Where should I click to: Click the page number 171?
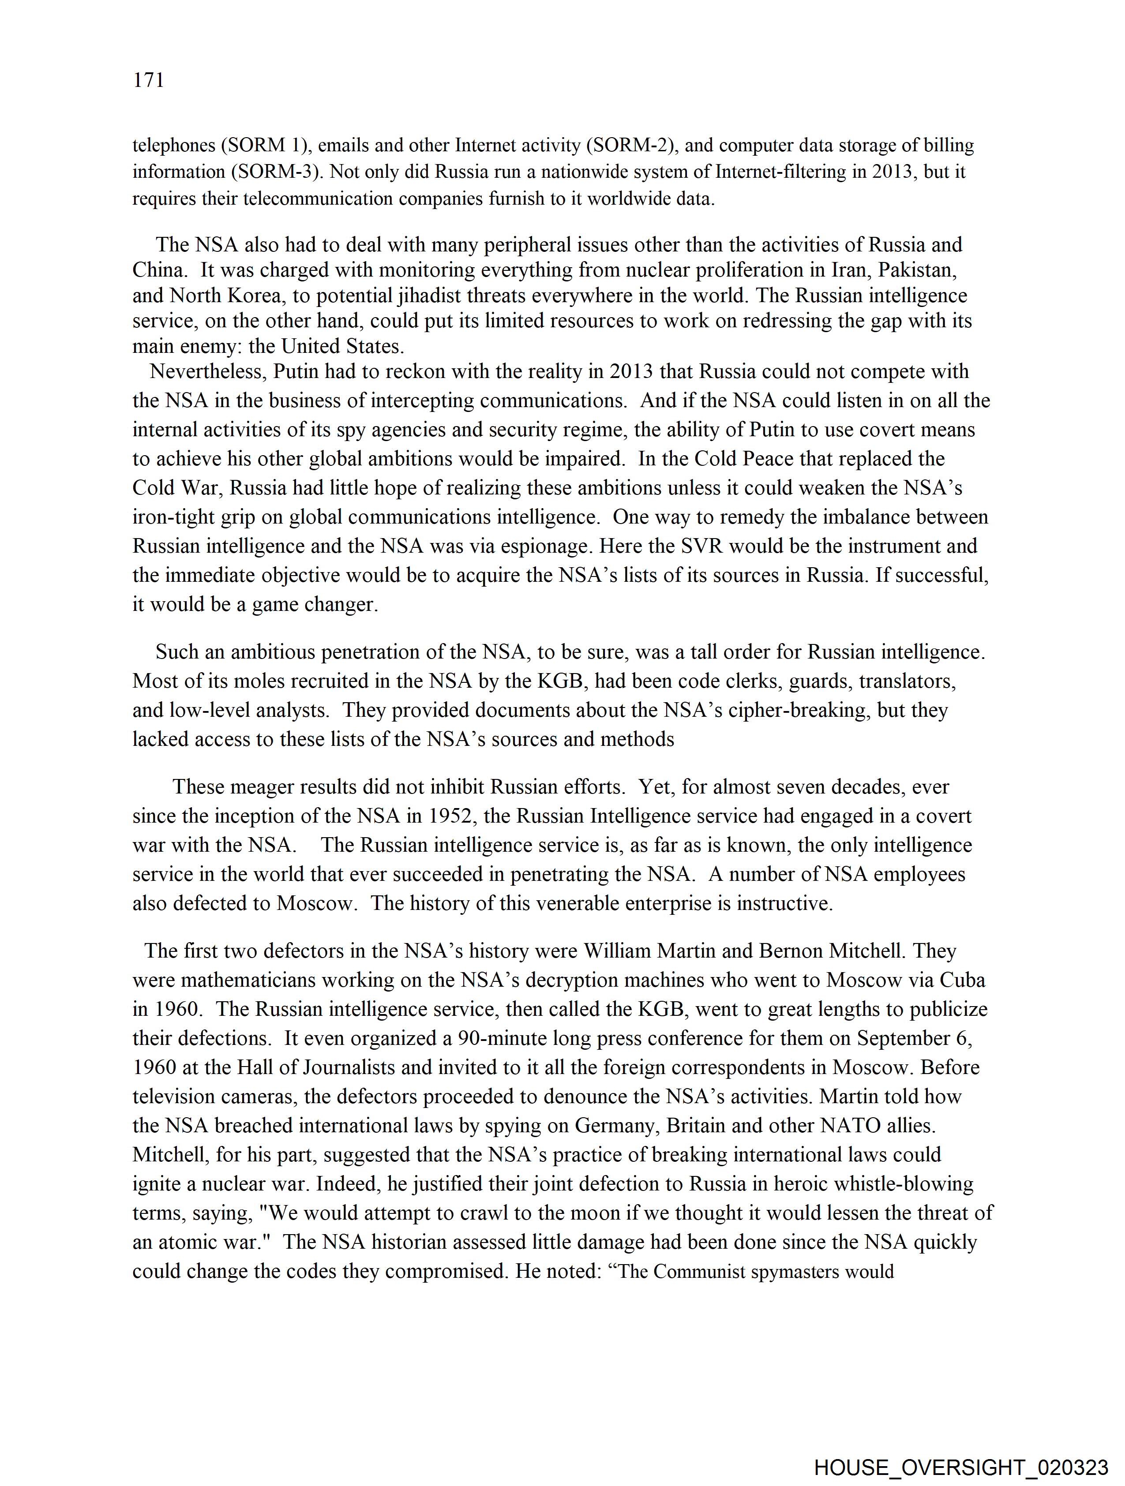click(149, 81)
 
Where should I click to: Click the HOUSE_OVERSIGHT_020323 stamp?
click(960, 1467)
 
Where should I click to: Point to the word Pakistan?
click(917, 270)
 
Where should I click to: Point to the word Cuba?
click(962, 980)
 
